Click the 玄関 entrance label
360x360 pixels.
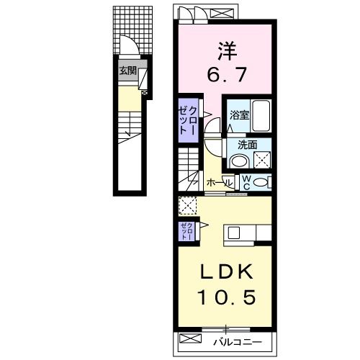pos(128,71)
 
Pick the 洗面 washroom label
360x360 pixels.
pos(247,144)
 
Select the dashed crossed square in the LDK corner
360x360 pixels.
pos(188,205)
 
